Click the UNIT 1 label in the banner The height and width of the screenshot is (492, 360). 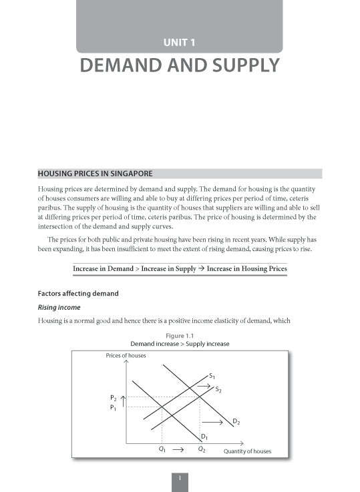[179, 43]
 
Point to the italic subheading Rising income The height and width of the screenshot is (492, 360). [59, 307]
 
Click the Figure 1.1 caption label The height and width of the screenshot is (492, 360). [179, 335]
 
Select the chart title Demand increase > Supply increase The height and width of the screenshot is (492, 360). [179, 344]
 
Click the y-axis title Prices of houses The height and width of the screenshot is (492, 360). [126, 355]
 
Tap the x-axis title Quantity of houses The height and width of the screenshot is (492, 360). [247, 451]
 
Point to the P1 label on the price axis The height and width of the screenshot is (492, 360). [112, 408]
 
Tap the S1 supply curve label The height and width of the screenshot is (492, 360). [212, 376]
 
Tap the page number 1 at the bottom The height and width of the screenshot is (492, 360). [180, 478]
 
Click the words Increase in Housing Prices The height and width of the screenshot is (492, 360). [246, 269]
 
